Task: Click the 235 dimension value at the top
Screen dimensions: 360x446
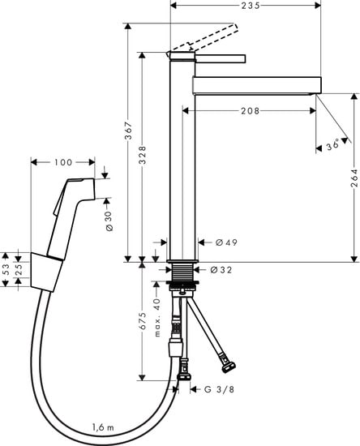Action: click(251, 6)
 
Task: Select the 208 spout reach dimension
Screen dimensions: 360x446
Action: click(251, 110)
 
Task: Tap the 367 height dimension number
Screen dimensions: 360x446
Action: click(129, 131)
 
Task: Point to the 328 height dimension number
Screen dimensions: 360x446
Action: click(143, 155)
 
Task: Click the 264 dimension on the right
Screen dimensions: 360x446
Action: click(354, 178)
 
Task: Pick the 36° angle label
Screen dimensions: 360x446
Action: click(332, 145)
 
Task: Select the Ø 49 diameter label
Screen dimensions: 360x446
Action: click(226, 242)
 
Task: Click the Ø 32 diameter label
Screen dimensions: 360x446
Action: click(221, 270)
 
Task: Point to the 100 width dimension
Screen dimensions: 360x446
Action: click(63, 162)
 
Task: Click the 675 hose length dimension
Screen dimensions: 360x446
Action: click(143, 321)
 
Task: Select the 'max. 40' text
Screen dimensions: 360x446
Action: click(157, 317)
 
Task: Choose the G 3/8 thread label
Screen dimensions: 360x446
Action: click(220, 389)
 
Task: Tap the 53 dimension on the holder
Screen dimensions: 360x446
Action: click(6, 269)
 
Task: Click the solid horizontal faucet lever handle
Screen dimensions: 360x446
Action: click(220, 58)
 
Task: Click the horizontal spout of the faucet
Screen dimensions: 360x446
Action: click(257, 85)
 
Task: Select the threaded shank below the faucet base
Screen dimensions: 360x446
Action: click(182, 272)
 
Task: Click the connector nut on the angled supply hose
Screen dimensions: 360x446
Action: click(229, 367)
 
